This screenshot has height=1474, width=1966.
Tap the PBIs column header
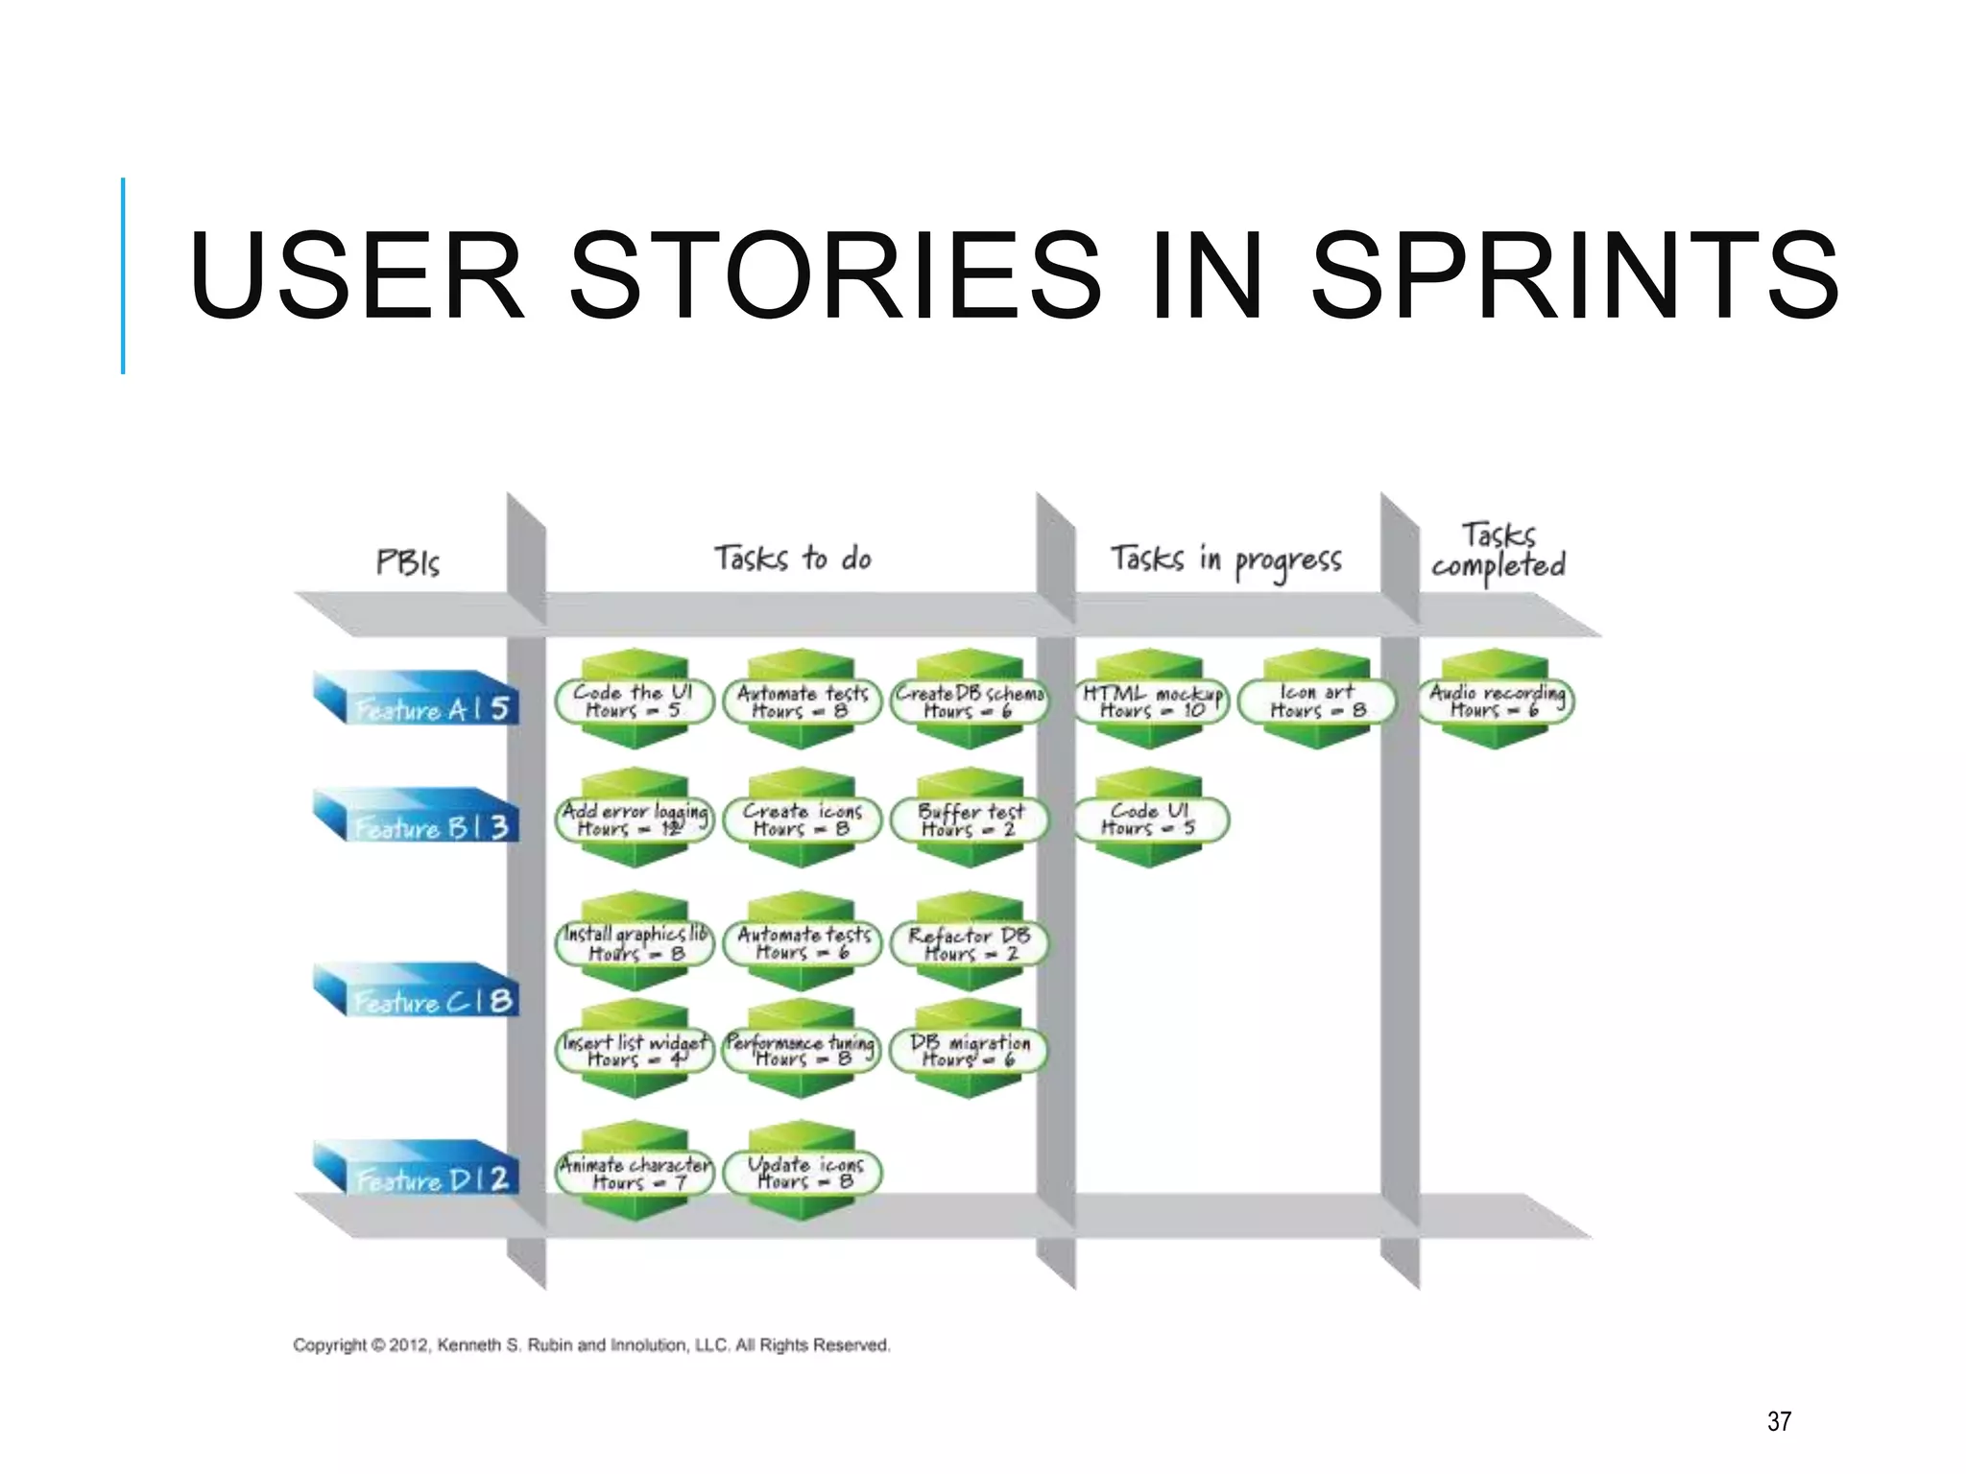pyautogui.click(x=408, y=561)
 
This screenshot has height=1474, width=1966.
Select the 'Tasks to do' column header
pyautogui.click(x=793, y=558)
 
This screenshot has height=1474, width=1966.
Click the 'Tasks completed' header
pyautogui.click(x=1498, y=551)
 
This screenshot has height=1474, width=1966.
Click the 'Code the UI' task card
pyautogui.click(x=634, y=701)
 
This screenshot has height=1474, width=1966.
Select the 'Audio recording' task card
pyautogui.click(x=1497, y=701)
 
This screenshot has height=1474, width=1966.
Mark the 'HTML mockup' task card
pyautogui.click(x=1151, y=701)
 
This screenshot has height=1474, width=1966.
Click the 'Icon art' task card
pyautogui.click(x=1316, y=701)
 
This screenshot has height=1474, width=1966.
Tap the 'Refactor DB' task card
pyautogui.click(x=970, y=943)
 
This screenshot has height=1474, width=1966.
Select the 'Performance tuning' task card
pyautogui.click(x=802, y=1050)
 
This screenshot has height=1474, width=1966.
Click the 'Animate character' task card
pyautogui.click(x=635, y=1173)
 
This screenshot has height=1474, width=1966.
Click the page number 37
pyautogui.click(x=1779, y=1421)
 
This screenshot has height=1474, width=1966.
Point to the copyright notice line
pyautogui.click(x=591, y=1345)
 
